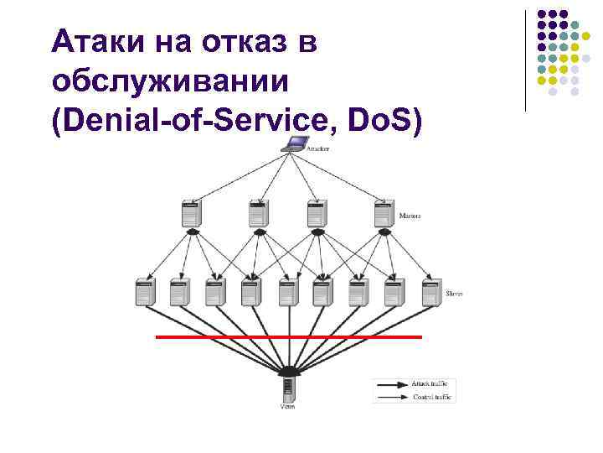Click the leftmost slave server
pos(145,293)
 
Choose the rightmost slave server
pos(431,293)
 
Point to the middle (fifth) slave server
pos(288,293)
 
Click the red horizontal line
pos(288,336)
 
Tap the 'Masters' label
pos(410,216)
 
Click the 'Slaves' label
pos(455,294)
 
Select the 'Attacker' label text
pos(317,148)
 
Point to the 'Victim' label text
pos(287,408)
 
